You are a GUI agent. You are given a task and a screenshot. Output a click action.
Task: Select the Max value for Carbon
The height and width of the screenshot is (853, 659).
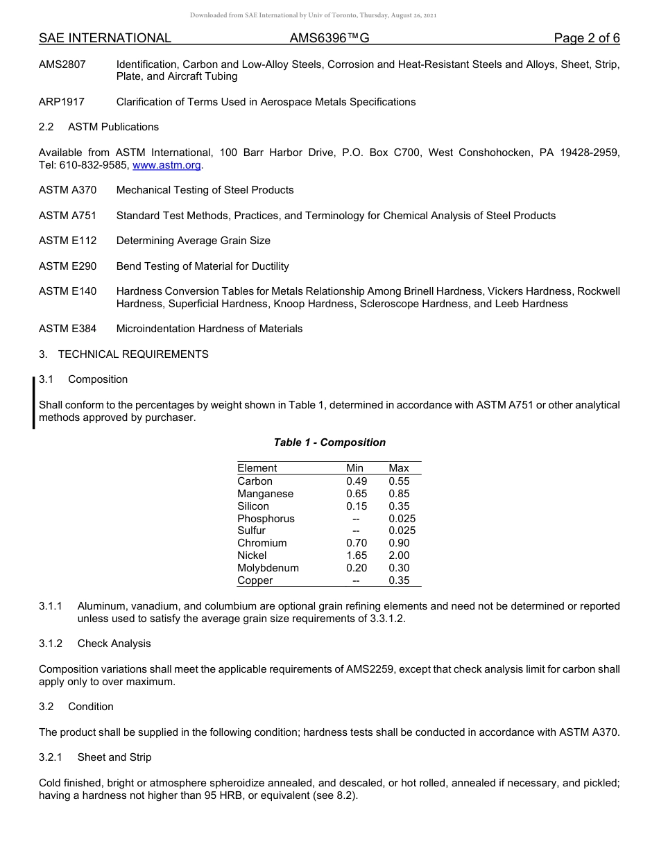click(x=399, y=481)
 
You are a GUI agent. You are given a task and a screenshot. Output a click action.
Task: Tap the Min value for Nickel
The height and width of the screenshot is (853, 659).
click(x=357, y=555)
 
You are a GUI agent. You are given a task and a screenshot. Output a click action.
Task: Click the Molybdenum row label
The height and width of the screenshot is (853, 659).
click(x=268, y=568)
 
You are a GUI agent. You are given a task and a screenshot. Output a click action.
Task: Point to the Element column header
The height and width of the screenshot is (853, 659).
click(x=257, y=468)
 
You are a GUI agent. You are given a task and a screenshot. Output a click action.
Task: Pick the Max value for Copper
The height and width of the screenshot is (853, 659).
click(x=399, y=580)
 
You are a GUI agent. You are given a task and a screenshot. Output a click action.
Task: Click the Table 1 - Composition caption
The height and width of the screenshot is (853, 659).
click(x=329, y=442)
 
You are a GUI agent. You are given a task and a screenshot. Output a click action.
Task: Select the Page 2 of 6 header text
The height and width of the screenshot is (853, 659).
click(x=586, y=38)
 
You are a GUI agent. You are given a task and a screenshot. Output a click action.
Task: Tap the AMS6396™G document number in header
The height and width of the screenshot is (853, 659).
click(x=329, y=38)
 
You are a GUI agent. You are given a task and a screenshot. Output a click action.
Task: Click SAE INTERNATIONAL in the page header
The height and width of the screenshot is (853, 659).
click(x=105, y=38)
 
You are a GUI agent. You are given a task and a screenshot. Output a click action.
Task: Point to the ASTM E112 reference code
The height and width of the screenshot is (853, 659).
click(x=68, y=241)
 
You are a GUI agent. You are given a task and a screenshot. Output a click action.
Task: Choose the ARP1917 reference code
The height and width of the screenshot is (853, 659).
click(x=62, y=102)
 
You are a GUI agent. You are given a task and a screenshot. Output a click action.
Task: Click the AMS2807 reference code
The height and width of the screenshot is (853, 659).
click(x=62, y=64)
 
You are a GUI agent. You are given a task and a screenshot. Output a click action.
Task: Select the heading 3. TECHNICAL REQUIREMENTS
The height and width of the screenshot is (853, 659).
click(x=123, y=354)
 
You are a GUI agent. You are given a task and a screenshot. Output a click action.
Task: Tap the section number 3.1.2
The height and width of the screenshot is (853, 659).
click(x=51, y=644)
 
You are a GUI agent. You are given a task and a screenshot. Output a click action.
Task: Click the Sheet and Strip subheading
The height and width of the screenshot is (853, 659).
click(x=114, y=757)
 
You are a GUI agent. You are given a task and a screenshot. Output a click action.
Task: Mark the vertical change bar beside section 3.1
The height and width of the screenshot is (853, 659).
click(x=34, y=402)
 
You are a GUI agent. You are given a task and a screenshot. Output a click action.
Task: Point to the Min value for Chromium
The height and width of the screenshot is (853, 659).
click(x=357, y=543)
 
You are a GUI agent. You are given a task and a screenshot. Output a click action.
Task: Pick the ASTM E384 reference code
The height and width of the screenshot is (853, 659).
click(x=68, y=329)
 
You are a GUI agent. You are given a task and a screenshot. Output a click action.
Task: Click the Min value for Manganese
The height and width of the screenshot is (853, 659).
click(x=357, y=494)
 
